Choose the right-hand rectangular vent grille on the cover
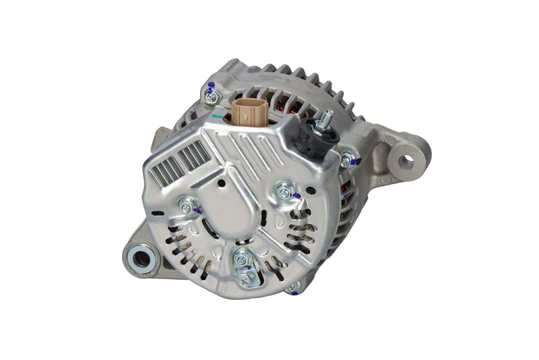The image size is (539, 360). (x=195, y=156)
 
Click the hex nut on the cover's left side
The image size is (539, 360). (x=187, y=207)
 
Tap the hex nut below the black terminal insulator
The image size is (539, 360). (x=285, y=192)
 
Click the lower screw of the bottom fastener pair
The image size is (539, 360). (x=246, y=277)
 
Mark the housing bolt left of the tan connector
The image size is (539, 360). (x=212, y=96)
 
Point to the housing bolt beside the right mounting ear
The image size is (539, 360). (x=346, y=160)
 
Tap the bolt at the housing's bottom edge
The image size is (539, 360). (x=292, y=287)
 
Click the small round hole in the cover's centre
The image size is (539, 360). (x=222, y=183)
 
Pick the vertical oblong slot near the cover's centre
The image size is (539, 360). (x=263, y=218)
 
